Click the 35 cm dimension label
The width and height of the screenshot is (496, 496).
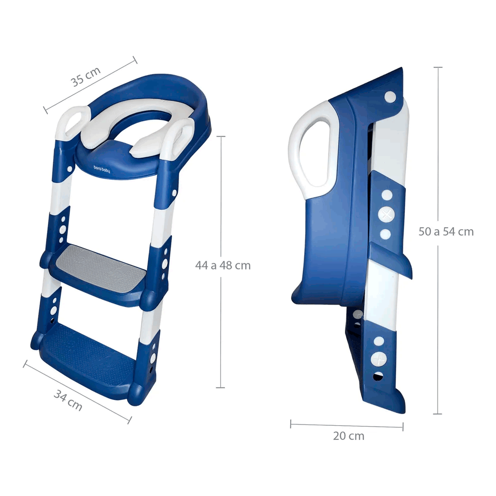pyautogui.click(x=85, y=77)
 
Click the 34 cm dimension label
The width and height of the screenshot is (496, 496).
pyautogui.click(x=68, y=400)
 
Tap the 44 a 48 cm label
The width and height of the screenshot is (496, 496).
pyautogui.click(x=223, y=265)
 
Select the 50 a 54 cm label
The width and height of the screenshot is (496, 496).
pyautogui.click(x=446, y=232)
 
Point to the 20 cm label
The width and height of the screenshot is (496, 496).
pyautogui.click(x=349, y=436)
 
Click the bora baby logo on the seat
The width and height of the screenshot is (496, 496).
pyautogui.click(x=102, y=169)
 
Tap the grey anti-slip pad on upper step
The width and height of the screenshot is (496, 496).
pyautogui.click(x=101, y=267)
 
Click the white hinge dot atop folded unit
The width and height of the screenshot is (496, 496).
pyautogui.click(x=390, y=96)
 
